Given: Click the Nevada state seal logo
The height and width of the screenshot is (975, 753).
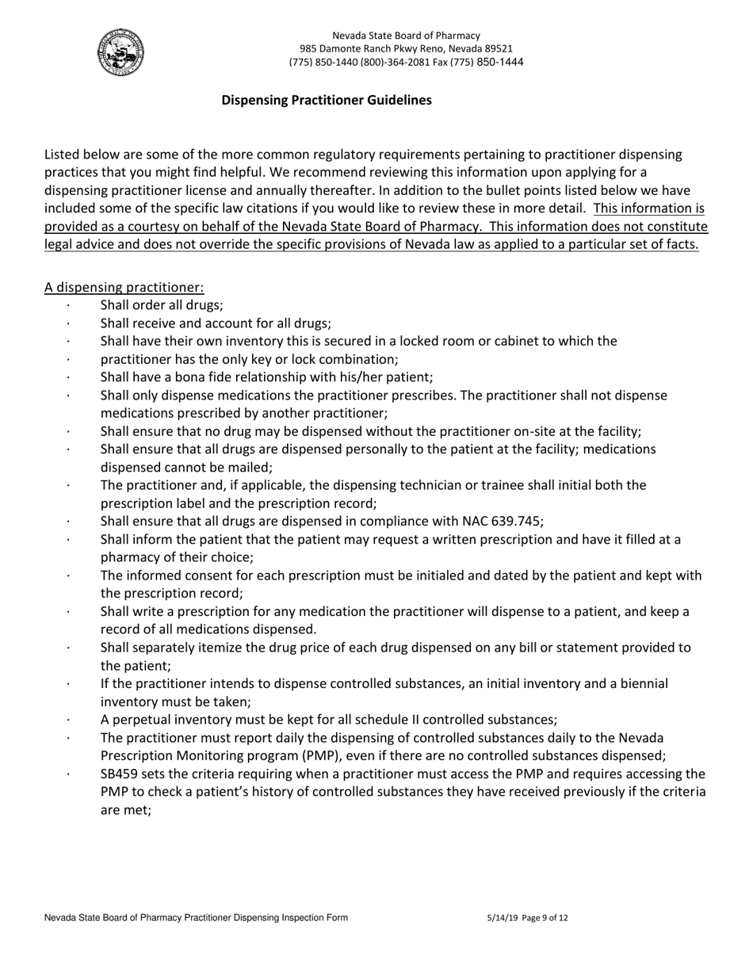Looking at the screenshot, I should pyautogui.click(x=120, y=52).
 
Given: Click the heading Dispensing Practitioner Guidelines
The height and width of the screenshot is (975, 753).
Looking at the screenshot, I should pyautogui.click(x=326, y=101).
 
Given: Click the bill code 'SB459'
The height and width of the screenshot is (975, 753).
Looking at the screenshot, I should pyautogui.click(x=120, y=774).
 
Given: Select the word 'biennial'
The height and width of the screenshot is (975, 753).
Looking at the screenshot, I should pyautogui.click(x=643, y=683).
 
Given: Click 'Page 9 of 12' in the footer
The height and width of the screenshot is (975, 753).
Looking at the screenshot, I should pyautogui.click(x=545, y=919).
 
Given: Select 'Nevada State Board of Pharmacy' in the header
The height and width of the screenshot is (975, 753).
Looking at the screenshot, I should pyautogui.click(x=406, y=36).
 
